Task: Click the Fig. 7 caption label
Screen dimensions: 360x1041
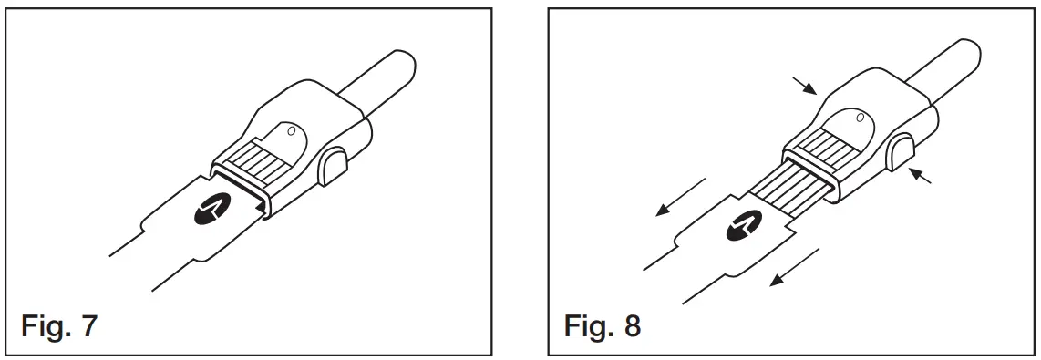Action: [x=58, y=325]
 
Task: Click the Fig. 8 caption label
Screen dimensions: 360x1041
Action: [x=602, y=325]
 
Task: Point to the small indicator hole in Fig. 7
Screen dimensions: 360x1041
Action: [x=291, y=131]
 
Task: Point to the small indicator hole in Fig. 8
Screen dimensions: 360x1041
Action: [x=859, y=116]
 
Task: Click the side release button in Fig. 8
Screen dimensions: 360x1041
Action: [x=902, y=150]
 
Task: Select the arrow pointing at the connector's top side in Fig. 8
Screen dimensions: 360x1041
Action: [x=805, y=86]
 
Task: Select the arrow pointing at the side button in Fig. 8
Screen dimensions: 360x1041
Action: [x=922, y=179]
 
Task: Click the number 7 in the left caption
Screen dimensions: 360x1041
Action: [x=88, y=325]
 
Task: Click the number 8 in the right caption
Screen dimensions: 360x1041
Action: [x=631, y=325]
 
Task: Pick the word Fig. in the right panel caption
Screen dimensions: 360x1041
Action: [x=588, y=325]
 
